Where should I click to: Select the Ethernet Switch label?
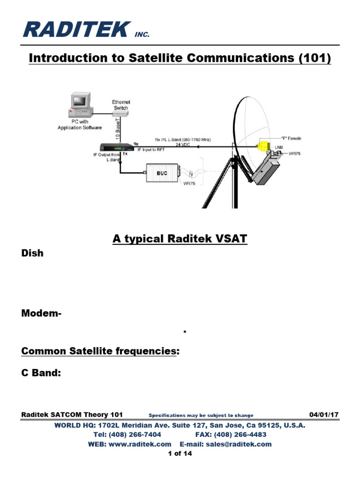(120, 105)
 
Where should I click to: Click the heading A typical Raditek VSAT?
(180, 239)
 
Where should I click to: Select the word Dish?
(32, 253)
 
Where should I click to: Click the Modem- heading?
(41, 314)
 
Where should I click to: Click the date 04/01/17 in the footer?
(324, 415)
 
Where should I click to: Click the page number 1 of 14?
(180, 453)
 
